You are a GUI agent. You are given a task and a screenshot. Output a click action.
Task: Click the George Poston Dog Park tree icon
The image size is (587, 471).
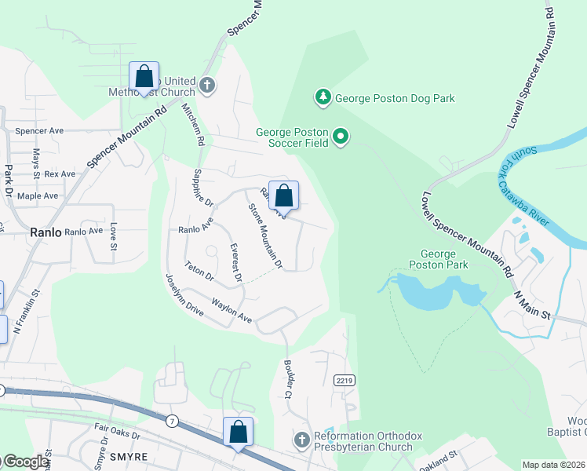pyautogui.click(x=323, y=97)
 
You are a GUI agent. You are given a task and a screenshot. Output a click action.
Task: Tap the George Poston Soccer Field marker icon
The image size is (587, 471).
pyautogui.click(x=341, y=137)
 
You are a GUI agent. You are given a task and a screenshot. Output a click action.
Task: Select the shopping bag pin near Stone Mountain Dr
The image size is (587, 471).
pyautogui.click(x=283, y=196)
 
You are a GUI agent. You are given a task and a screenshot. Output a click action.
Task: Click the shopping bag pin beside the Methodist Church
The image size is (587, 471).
pyautogui.click(x=144, y=77)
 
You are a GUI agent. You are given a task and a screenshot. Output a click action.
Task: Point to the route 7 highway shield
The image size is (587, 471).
pyautogui.click(x=172, y=422)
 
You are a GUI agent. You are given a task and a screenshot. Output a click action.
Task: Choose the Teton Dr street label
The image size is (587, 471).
pyautogui.click(x=199, y=272)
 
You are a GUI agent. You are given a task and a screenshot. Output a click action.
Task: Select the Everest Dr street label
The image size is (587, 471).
pyautogui.click(x=234, y=263)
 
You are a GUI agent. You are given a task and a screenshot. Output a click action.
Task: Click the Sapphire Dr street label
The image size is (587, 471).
pyautogui.click(x=203, y=188)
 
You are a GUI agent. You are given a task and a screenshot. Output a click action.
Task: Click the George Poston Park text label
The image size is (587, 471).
pyautogui.click(x=444, y=259)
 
